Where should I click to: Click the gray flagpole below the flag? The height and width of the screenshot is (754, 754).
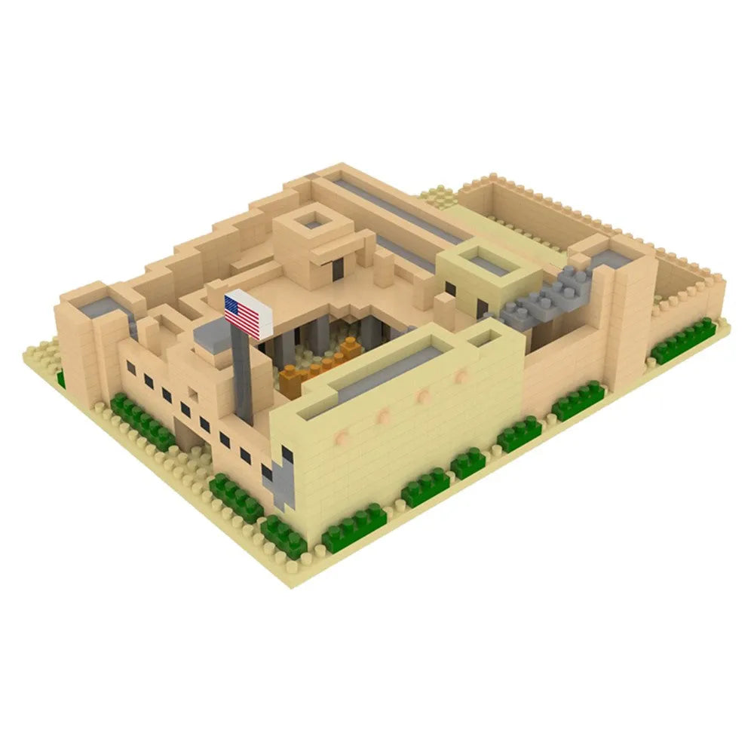[242, 377]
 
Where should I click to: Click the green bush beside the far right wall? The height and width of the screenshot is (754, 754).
[683, 340]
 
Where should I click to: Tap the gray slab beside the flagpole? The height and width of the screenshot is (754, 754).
[210, 333]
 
